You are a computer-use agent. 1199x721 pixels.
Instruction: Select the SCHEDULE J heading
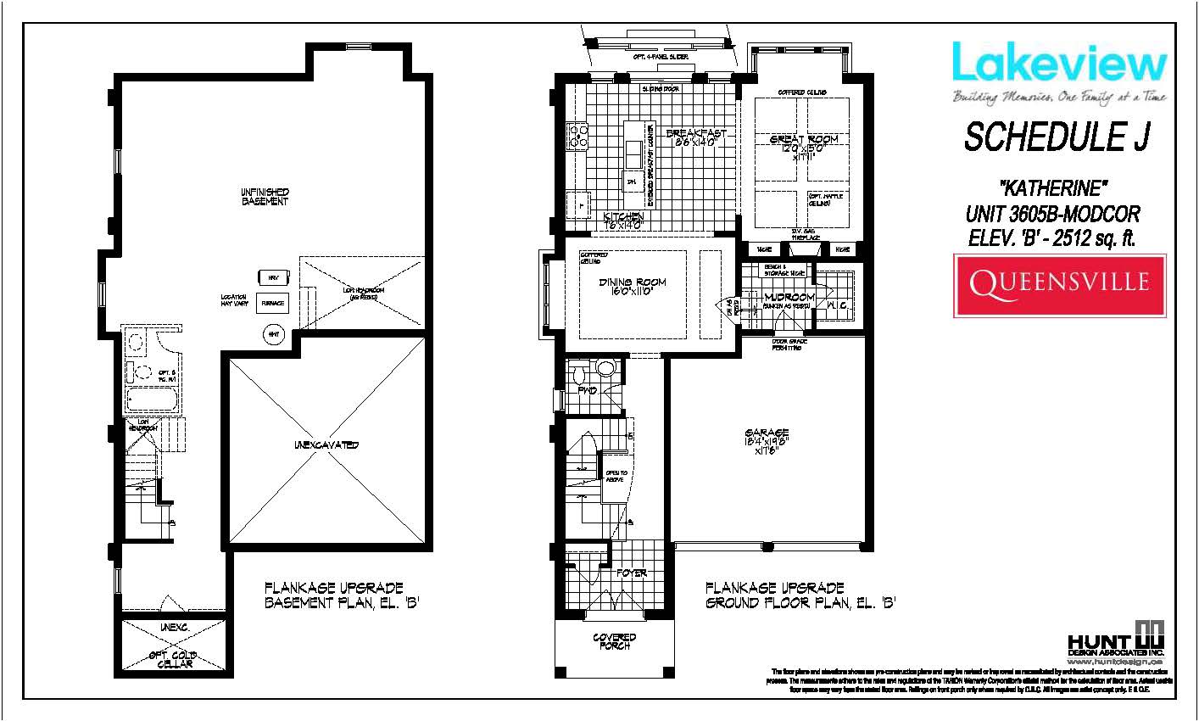pos(1057,137)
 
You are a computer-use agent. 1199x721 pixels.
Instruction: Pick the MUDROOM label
pos(789,298)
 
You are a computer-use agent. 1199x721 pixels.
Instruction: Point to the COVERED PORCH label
pos(614,642)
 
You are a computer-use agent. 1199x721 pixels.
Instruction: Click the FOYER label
pos(632,573)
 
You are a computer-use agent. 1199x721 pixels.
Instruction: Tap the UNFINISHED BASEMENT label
pos(265,197)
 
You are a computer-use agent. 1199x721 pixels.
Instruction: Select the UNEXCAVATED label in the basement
pos(326,445)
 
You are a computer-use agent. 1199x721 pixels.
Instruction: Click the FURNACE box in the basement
pos(273,302)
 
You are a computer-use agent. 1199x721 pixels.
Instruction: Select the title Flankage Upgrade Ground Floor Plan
pos(800,595)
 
